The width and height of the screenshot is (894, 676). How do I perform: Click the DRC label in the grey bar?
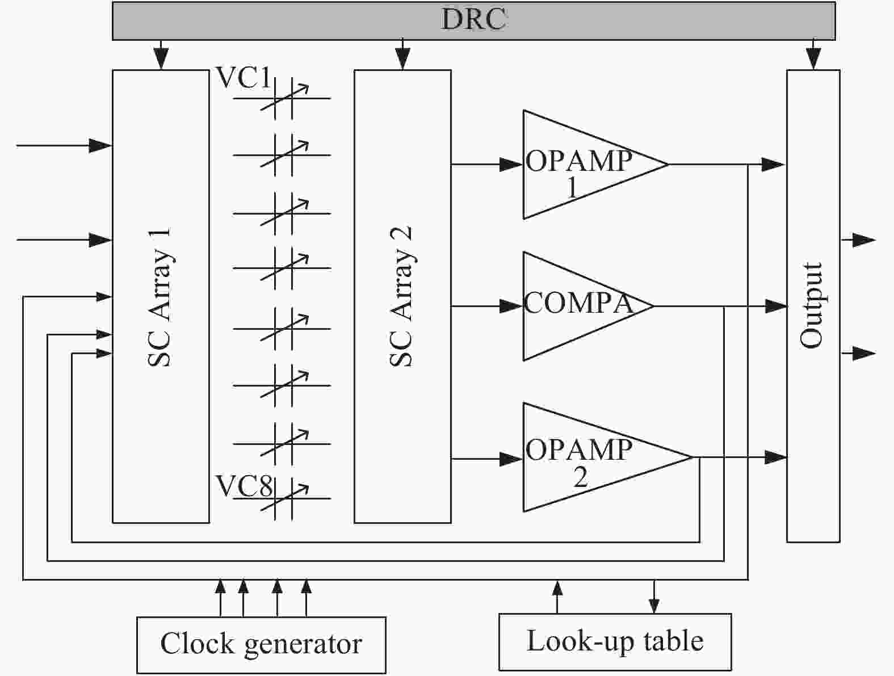point(473,19)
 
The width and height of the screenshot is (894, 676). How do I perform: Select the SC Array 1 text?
point(160,297)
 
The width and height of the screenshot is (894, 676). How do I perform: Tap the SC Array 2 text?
point(402,297)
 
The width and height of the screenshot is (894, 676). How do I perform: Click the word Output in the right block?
point(812,305)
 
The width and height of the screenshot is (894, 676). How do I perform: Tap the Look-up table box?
point(615,641)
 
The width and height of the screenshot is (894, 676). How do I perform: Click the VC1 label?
point(243,78)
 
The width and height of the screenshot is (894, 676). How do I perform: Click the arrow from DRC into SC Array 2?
point(402,57)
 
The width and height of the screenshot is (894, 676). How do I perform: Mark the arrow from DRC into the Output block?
point(813,57)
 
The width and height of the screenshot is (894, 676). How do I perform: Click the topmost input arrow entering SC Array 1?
point(101,146)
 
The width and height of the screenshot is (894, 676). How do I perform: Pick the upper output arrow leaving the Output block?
point(864,240)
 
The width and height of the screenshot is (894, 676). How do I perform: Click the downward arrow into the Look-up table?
point(654,605)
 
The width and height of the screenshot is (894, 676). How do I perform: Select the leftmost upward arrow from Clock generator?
point(221,587)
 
